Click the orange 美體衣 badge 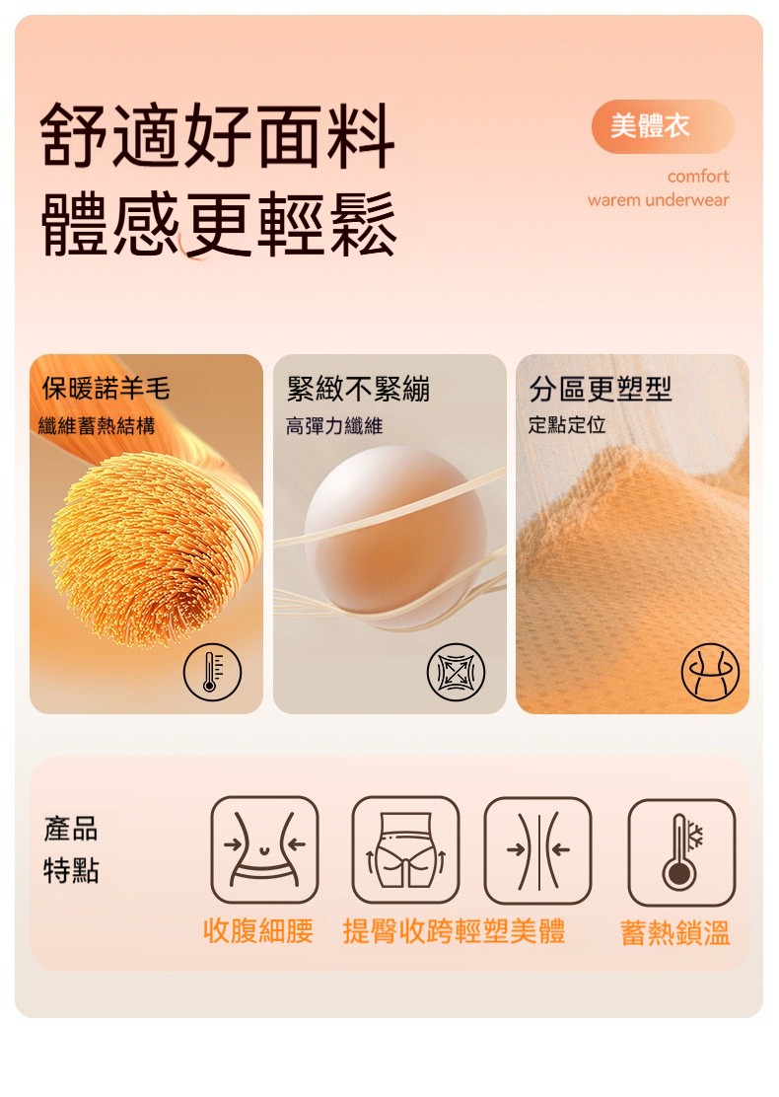(663, 126)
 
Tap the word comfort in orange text (698, 177)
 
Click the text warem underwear (658, 200)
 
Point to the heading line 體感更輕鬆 (219, 224)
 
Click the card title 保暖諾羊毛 (106, 389)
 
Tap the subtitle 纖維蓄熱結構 (97, 425)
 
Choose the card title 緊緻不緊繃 (358, 389)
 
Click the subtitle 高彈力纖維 (334, 425)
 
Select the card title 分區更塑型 (601, 389)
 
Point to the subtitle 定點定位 (567, 424)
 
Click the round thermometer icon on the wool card (212, 672)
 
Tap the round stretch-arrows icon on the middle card (456, 672)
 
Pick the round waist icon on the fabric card (710, 672)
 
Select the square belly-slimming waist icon (264, 849)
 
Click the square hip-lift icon (405, 849)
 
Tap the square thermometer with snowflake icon (681, 852)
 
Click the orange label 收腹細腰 (258, 931)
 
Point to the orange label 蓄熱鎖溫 (675, 933)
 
